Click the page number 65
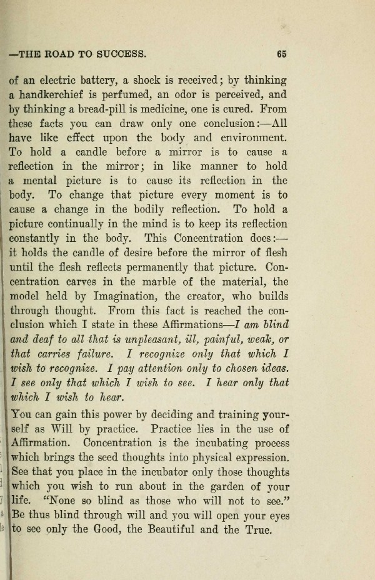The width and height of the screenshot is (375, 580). point(281,54)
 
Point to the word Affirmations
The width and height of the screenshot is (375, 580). point(190,325)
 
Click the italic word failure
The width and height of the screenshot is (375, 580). point(98,354)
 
